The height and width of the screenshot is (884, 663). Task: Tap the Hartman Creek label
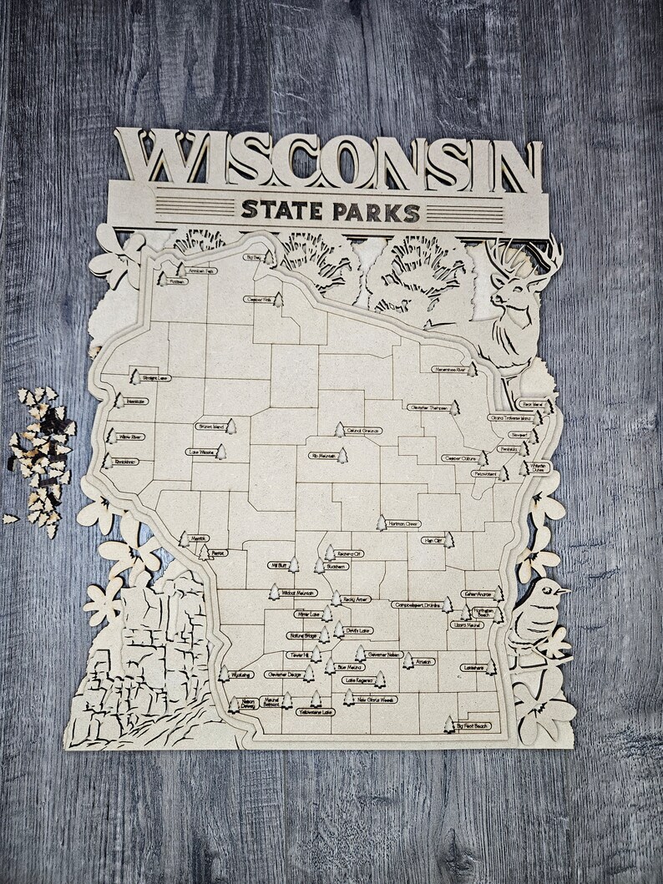click(403, 524)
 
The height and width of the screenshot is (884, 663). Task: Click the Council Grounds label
click(364, 431)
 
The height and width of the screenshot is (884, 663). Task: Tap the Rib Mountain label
click(322, 456)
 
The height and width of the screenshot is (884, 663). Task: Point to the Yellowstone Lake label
click(315, 712)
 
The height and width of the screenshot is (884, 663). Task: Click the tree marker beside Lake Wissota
click(221, 452)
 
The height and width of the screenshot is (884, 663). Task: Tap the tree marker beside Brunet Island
click(231, 427)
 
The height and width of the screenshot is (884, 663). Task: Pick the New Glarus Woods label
click(375, 700)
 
